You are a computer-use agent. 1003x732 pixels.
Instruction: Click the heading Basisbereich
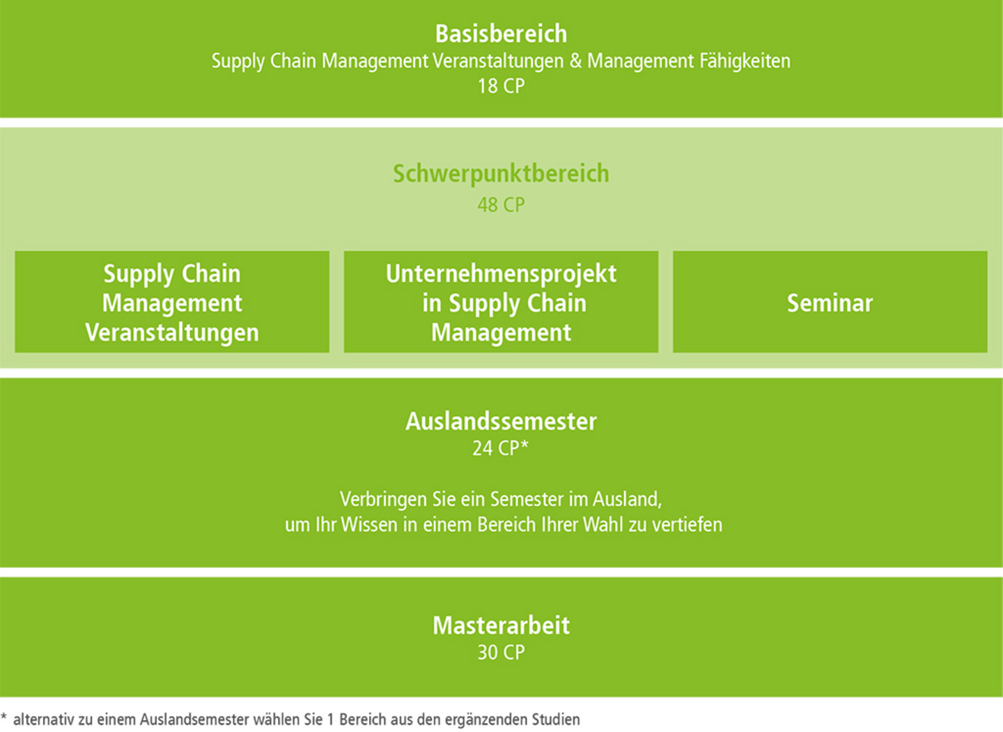pyautogui.click(x=501, y=34)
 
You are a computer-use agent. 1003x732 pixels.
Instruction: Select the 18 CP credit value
pyautogui.click(x=501, y=86)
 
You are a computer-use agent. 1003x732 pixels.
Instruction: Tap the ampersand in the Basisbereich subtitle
pyautogui.click(x=575, y=61)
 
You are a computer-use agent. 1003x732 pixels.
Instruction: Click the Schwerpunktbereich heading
pyautogui.click(x=501, y=173)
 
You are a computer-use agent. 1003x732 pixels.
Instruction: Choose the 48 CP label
pyautogui.click(x=501, y=205)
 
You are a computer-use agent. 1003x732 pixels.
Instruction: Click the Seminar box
pyautogui.click(x=830, y=301)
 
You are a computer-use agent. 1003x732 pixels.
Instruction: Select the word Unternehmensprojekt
pyautogui.click(x=501, y=274)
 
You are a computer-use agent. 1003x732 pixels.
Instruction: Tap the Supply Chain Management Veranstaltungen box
pyautogui.click(x=172, y=301)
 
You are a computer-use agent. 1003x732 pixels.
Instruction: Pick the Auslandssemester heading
pyautogui.click(x=501, y=422)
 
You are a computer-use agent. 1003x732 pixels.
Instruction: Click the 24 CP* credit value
pyautogui.click(x=501, y=448)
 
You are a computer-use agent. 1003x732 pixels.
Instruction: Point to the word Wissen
pyautogui.click(x=369, y=525)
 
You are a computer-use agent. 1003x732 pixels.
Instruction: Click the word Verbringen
pyautogui.click(x=383, y=500)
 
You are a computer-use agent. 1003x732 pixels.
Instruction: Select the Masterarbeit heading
pyautogui.click(x=501, y=626)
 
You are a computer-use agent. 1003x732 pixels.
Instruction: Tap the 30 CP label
pyautogui.click(x=501, y=653)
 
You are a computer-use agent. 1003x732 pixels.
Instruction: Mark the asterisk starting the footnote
pyautogui.click(x=3, y=716)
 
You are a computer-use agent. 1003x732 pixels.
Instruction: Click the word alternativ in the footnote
pyautogui.click(x=44, y=719)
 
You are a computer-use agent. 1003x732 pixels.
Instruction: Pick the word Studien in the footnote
pyautogui.click(x=556, y=719)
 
